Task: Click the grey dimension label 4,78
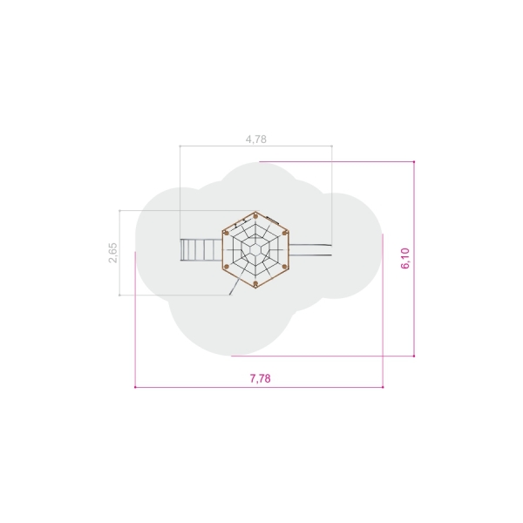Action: [x=256, y=139]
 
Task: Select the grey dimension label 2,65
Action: [x=113, y=253]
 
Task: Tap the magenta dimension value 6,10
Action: [x=405, y=258]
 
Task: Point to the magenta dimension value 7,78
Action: [x=260, y=378]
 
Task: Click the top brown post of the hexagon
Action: [x=255, y=216]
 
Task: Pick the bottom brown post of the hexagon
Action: [x=255, y=284]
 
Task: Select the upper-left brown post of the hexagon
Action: [x=227, y=233]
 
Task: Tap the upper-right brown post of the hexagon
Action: [x=284, y=233]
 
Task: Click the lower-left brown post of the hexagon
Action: [x=227, y=267]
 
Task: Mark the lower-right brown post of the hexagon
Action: [x=284, y=267]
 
